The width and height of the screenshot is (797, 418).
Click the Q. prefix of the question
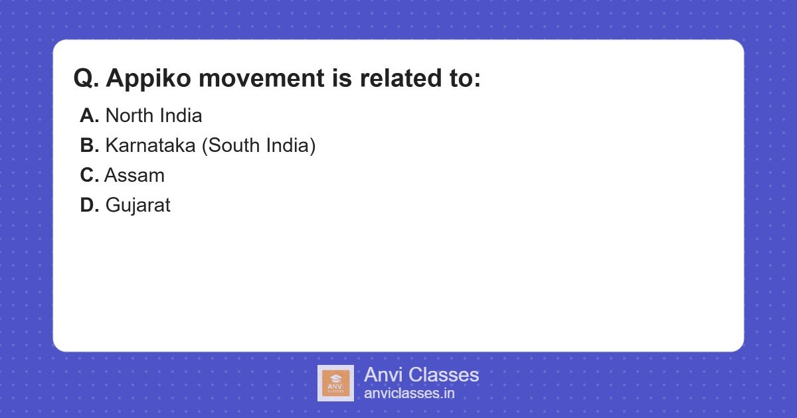coord(86,79)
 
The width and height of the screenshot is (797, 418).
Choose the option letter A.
coord(89,116)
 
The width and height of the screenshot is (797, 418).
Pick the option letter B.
coord(89,146)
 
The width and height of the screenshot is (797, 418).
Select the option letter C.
coord(89,176)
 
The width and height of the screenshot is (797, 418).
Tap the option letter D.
coord(89,206)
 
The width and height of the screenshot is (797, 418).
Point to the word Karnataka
coord(150,146)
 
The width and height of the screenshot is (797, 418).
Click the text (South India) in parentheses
coord(258,146)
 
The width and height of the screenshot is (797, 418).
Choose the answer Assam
coord(135,176)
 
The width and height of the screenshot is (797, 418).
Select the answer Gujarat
coord(138,206)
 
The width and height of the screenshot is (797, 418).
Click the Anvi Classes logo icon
coord(335,383)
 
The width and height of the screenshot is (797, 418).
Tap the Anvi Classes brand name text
coord(421,375)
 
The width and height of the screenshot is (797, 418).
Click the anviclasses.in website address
coord(409,393)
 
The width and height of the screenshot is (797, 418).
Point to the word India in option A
coord(182,116)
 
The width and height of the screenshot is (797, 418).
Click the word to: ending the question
coord(460,79)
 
